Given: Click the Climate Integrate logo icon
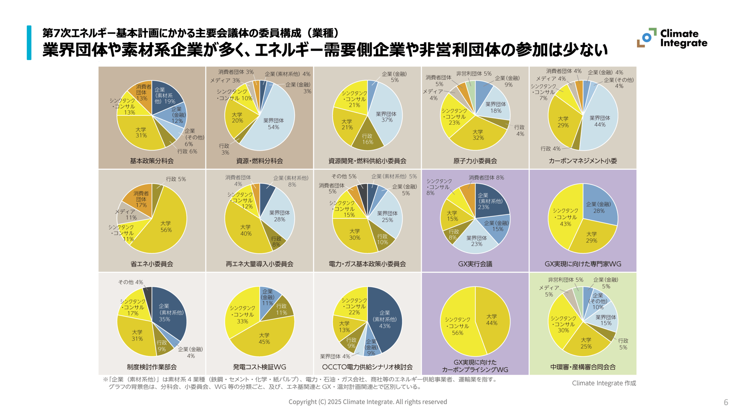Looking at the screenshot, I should pos(646,38).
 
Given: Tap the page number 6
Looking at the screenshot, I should pos(726,402).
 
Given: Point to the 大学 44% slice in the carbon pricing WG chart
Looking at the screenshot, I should pos(492,320).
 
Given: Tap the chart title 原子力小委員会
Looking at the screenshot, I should pos(475,161).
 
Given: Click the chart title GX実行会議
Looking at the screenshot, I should pos(475,264).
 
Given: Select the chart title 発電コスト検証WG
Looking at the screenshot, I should pos(259,367).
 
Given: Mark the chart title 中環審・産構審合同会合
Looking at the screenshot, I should pos(583,367).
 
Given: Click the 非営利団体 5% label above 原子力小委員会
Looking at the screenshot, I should pos(474,74).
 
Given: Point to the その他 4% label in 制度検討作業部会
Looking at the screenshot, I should pos(131,282).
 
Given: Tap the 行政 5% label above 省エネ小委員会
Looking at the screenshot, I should pos(176,179).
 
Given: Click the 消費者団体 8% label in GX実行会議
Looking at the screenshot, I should pos(486,178).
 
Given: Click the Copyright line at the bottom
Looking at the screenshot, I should pos(367,402).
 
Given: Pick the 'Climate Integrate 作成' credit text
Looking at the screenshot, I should pos(604,383).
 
